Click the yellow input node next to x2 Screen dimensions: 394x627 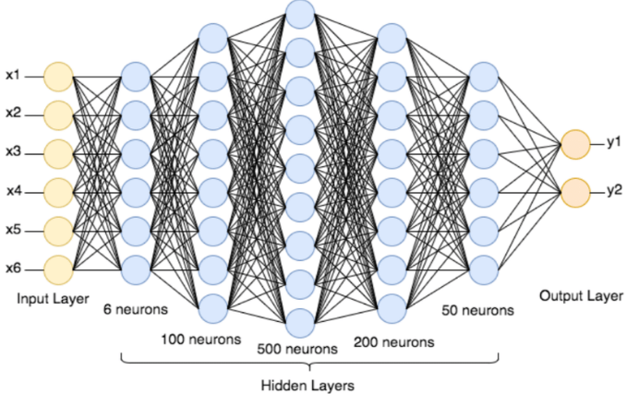coord(58,114)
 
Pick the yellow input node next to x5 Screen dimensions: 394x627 coord(58,231)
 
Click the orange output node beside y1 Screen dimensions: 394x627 coord(574,144)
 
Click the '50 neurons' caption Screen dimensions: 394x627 coord(476,310)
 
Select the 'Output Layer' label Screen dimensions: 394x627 coord(579,296)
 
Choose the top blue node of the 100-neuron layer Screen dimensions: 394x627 coord(211,37)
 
